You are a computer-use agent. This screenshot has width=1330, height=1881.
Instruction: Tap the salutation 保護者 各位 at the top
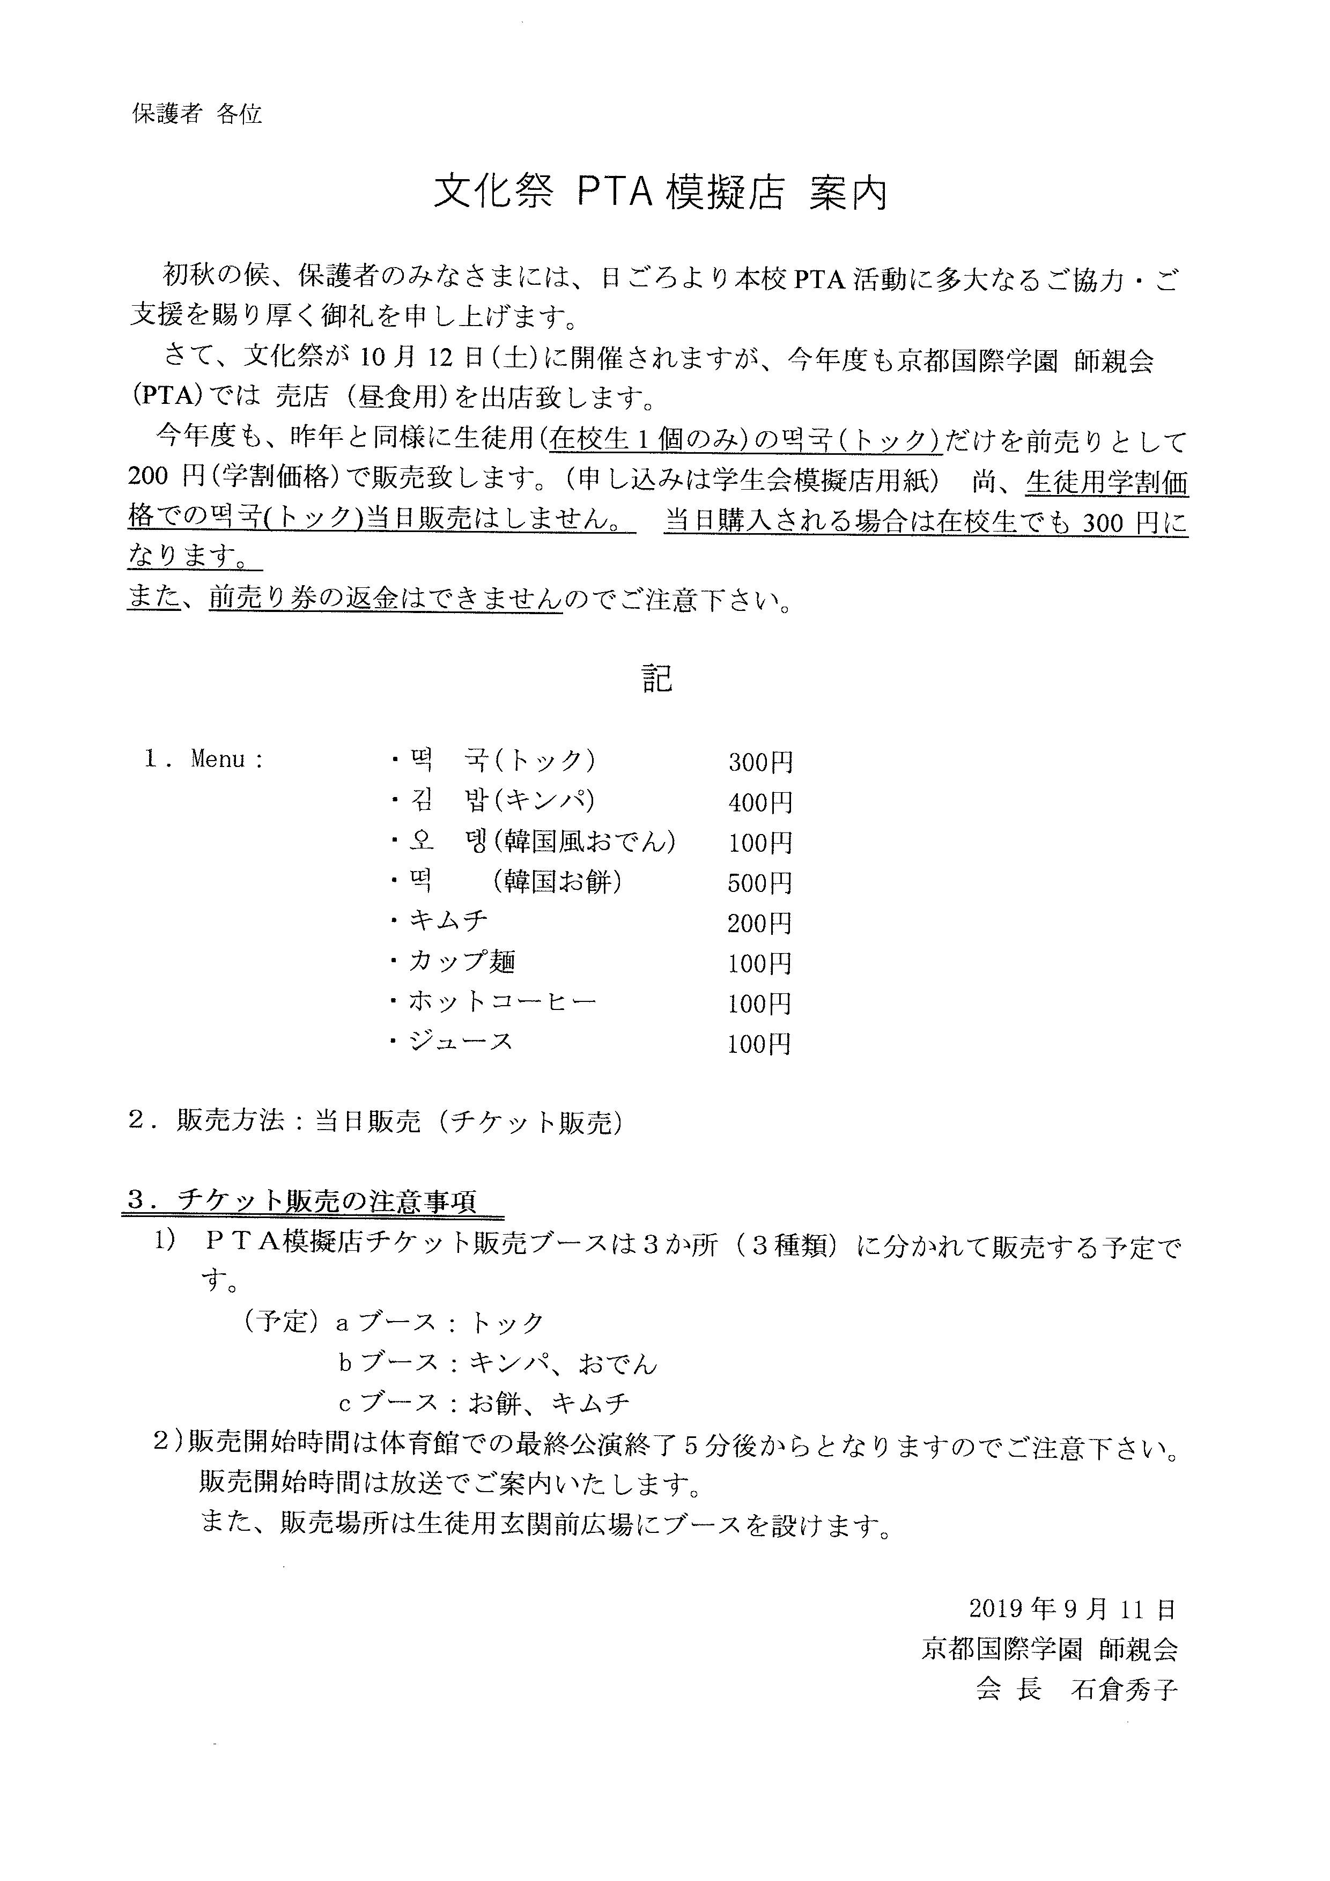pos(197,114)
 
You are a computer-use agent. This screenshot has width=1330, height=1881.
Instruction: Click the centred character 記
pos(657,678)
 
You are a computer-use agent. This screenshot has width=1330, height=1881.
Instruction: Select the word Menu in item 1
pos(218,759)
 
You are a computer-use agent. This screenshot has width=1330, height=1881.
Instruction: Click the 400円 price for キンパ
pos(760,803)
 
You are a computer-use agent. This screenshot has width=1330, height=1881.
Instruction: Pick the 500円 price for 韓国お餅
pos(760,883)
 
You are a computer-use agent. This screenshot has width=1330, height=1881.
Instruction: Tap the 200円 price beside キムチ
pos(760,923)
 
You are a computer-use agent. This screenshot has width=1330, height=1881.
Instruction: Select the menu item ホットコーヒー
pos(502,1002)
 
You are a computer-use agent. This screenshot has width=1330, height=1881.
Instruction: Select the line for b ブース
pos(498,1362)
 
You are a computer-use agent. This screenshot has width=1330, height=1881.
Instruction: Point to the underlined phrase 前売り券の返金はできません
pos(386,601)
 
